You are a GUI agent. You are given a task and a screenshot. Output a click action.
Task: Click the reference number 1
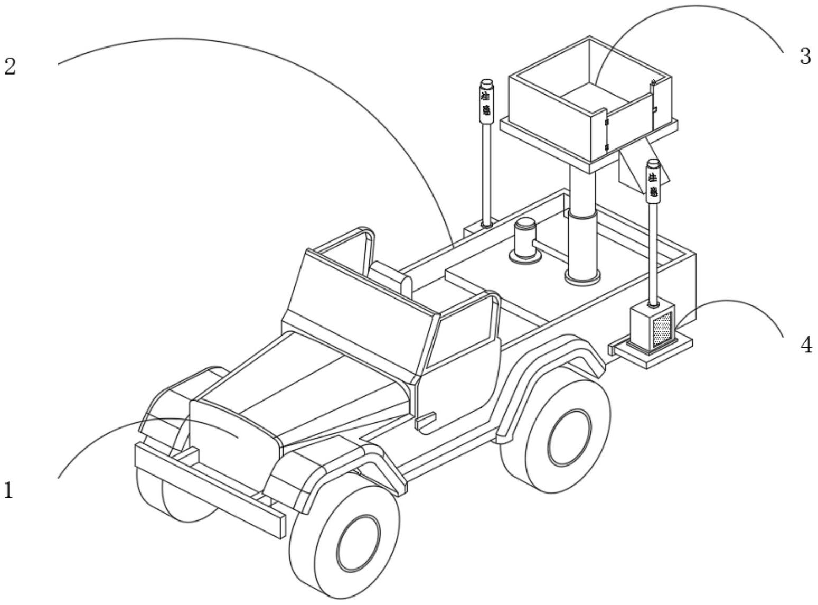click(8, 491)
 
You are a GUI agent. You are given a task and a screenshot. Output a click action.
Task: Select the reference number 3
click(804, 56)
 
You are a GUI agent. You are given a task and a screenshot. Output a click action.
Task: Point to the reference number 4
click(806, 345)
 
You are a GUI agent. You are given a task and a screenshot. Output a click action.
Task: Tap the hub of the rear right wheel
click(569, 439)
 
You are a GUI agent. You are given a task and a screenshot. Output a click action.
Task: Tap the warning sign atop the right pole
click(654, 184)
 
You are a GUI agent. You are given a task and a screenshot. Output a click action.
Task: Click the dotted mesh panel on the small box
click(662, 329)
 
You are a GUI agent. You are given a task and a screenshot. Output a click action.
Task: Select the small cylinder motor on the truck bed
click(525, 240)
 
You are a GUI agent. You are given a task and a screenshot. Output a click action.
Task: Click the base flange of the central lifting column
click(582, 276)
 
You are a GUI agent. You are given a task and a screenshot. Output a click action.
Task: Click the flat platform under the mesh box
click(652, 351)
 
